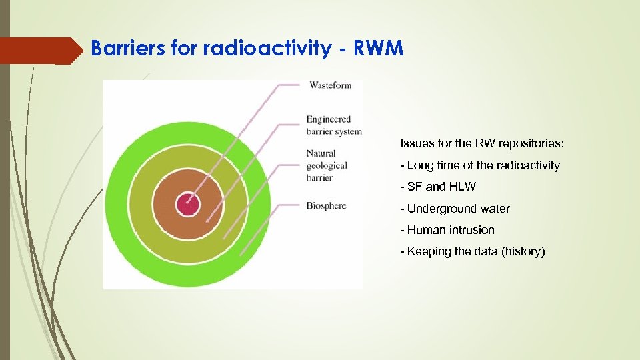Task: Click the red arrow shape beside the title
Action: coord(40,51)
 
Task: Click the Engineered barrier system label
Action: coord(333,125)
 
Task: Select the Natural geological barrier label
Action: coord(327,165)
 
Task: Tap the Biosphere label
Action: coord(326,205)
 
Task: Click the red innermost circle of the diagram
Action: coord(187,204)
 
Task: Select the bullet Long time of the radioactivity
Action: coord(479,165)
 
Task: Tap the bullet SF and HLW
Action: coord(438,187)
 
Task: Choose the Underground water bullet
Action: coord(455,209)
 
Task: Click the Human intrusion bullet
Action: coord(447,230)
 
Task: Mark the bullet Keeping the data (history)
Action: coord(472,251)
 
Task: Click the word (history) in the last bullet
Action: coord(523,251)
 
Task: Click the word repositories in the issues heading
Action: coord(533,143)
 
